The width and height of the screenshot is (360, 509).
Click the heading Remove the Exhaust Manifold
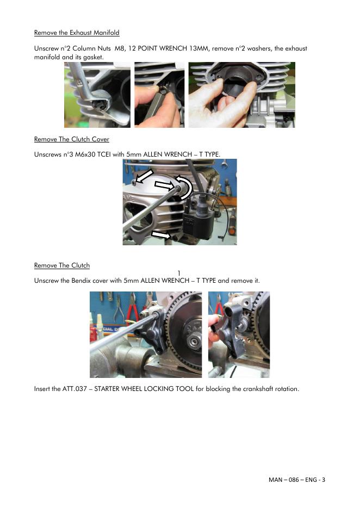(77, 33)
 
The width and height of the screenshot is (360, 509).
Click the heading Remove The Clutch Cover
(71, 139)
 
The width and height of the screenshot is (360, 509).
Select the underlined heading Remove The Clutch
(61, 265)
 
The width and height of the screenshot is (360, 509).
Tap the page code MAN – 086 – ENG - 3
(297, 480)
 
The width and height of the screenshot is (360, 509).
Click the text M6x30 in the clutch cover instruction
(85, 154)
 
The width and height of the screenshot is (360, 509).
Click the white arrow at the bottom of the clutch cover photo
(161, 234)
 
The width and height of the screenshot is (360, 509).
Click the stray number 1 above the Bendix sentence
(179, 274)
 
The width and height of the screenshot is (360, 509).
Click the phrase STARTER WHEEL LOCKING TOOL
(144, 389)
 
